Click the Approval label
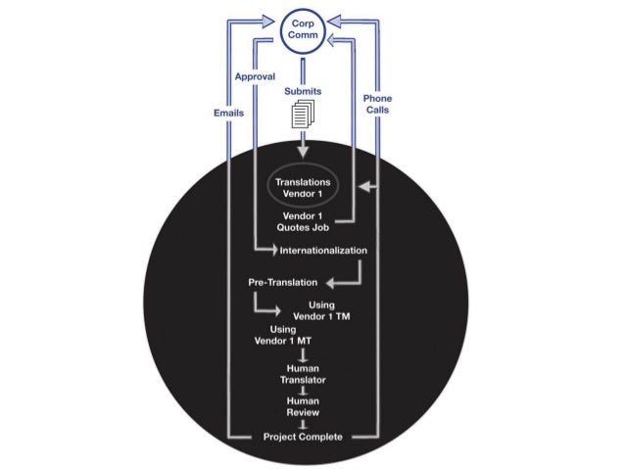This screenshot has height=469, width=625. (254, 75)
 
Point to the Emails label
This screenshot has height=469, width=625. (228, 113)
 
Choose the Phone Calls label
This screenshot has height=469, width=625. (377, 105)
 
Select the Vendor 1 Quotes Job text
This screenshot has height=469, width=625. (302, 221)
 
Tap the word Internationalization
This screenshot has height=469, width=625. (323, 251)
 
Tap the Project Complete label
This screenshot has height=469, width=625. (303, 437)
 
